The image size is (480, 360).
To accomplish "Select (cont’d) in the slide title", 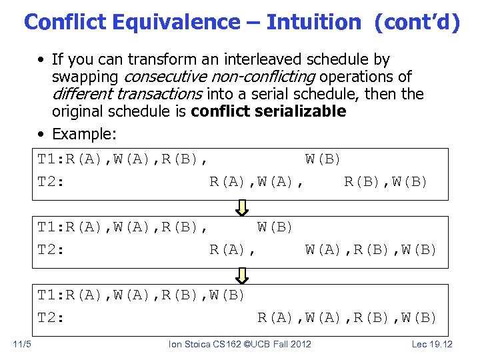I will pyautogui.click(x=417, y=22).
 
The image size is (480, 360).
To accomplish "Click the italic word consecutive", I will pyautogui.click(x=163, y=77).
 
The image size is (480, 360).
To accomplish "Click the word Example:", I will pyautogui.click(x=84, y=134).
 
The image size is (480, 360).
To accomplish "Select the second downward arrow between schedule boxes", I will pyautogui.click(x=243, y=275).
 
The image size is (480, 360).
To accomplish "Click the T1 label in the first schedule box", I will pyautogui.click(x=51, y=159).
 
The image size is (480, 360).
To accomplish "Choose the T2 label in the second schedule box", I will pyautogui.click(x=51, y=250).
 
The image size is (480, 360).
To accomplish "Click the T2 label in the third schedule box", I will pyautogui.click(x=51, y=317).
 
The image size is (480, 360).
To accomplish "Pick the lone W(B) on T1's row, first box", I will pyautogui.click(x=323, y=159).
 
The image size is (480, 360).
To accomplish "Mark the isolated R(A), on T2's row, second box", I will pyautogui.click(x=233, y=250).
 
